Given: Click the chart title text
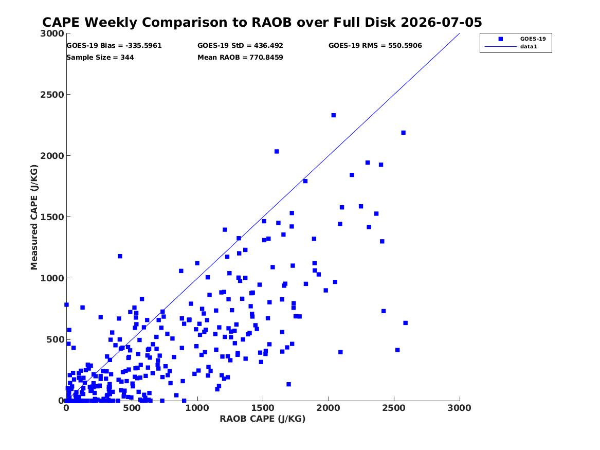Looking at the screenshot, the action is click(262, 22).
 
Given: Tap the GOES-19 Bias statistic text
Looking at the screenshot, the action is click(114, 46).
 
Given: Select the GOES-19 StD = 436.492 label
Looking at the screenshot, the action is click(240, 46).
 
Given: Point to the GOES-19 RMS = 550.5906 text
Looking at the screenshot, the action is click(375, 46).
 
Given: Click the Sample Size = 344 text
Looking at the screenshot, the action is click(100, 58).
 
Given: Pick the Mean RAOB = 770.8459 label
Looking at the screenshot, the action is click(240, 58).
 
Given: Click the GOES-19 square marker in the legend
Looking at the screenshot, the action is click(500, 39).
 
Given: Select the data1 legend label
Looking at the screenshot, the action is click(529, 47).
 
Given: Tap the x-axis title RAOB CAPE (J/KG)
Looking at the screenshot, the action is click(263, 419).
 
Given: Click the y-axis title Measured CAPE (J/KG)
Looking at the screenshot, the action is click(34, 217).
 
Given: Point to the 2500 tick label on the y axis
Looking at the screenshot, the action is click(52, 95).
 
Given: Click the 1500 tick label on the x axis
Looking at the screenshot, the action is click(263, 408).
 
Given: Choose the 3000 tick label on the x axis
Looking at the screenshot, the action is click(459, 408).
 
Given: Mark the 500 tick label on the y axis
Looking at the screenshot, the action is click(55, 340).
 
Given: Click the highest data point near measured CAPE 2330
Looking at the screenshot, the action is click(333, 115).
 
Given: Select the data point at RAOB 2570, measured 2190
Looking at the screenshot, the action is click(403, 133).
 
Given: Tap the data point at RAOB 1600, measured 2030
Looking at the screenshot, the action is click(277, 152).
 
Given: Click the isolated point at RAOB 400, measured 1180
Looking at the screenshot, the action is click(120, 256).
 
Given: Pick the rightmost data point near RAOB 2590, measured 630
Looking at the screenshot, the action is click(406, 323).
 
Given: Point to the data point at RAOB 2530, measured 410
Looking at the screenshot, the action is click(397, 350).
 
